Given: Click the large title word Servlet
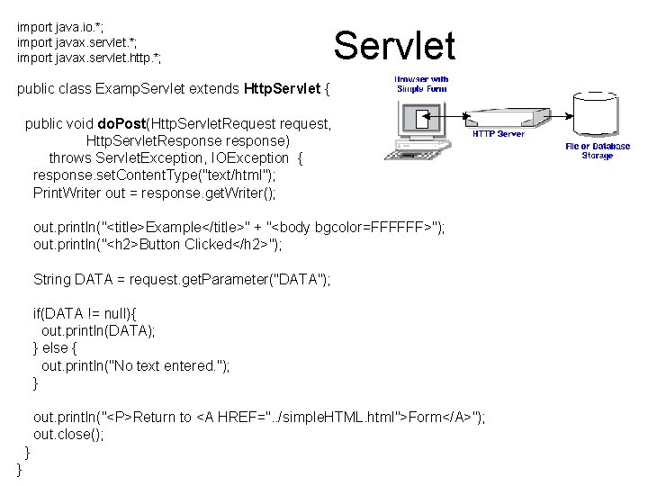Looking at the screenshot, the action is (x=394, y=45).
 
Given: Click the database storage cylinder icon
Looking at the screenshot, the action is (x=598, y=114).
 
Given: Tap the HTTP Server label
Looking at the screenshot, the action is (x=498, y=134).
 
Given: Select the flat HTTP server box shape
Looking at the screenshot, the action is (x=505, y=117).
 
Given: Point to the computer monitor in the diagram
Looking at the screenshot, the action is (x=420, y=120).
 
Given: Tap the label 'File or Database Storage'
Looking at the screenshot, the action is (x=598, y=150).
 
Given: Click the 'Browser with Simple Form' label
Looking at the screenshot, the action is (x=422, y=84).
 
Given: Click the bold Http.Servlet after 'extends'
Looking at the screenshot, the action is (x=282, y=89).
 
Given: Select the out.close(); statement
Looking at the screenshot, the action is (x=68, y=434).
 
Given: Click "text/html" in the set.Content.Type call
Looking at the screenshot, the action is (x=238, y=175).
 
